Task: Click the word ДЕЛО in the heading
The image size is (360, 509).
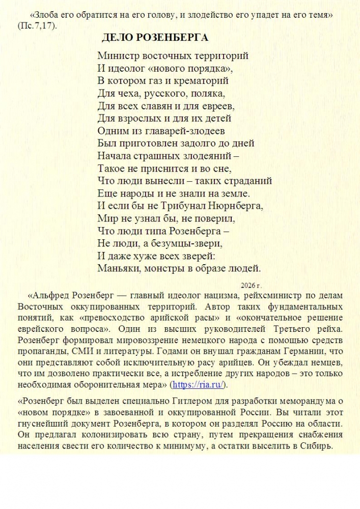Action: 116,37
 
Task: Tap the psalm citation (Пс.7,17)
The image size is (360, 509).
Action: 36,25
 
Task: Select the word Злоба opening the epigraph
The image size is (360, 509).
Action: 44,15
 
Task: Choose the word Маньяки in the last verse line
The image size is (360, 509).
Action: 117,268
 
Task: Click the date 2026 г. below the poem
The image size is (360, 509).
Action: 251,285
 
